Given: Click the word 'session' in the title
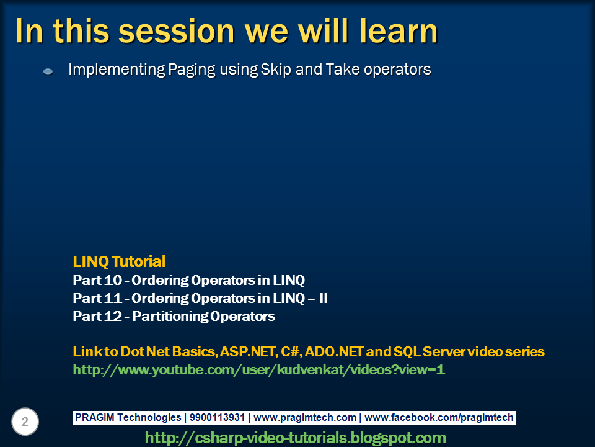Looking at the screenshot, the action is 177,31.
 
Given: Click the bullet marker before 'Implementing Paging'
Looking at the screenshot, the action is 48,71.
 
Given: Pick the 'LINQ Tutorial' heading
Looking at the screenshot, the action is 119,261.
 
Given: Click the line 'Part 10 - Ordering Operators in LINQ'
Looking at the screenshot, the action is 189,281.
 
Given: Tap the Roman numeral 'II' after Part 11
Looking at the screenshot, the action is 324,299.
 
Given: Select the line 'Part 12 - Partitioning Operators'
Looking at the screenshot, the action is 174,316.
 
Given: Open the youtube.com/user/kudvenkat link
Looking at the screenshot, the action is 259,370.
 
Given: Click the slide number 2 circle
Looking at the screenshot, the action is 25,422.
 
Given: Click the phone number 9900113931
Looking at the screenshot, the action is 217,417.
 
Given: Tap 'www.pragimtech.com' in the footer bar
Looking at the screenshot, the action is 305,418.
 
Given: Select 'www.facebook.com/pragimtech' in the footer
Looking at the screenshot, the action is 439,418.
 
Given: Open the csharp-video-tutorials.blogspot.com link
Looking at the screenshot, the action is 296,438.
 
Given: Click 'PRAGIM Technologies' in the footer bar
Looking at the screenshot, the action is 128,418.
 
